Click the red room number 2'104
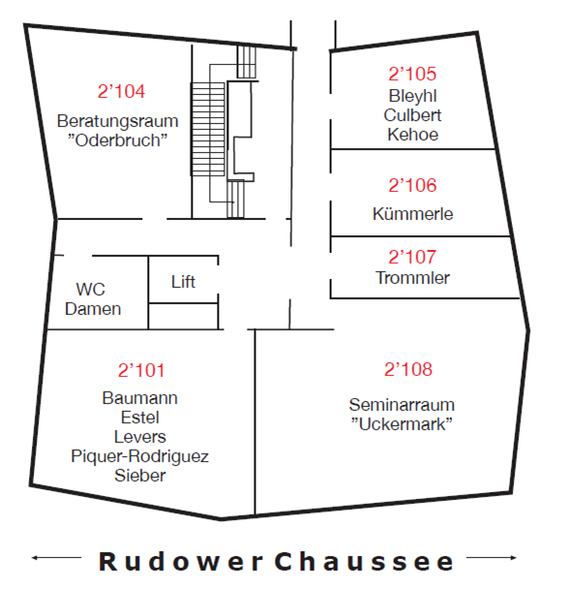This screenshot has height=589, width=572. click(x=121, y=91)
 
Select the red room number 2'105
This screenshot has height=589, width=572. click(x=412, y=74)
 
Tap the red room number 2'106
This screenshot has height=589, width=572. click(x=412, y=185)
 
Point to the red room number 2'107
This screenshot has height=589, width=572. click(x=412, y=257)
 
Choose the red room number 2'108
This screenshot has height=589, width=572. click(x=408, y=369)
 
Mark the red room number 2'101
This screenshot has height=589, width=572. click(x=141, y=370)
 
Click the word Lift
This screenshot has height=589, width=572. click(x=183, y=282)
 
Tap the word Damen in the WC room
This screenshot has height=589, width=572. click(x=93, y=309)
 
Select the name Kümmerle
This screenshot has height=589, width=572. click(x=412, y=214)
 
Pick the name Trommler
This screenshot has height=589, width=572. click(x=412, y=278)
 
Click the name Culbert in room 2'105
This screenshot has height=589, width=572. click(x=412, y=115)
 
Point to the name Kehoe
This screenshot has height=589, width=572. click(x=412, y=135)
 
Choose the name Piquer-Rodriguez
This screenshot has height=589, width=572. click(x=139, y=456)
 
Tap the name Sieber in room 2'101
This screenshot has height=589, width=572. click(x=140, y=476)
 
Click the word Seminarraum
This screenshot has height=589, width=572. click(x=402, y=405)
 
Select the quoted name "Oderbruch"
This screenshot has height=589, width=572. click(x=117, y=140)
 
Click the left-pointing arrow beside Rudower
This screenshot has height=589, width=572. click(x=56, y=558)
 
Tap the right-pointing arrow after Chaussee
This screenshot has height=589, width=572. click(x=491, y=558)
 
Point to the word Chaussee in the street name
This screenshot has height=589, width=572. click(x=364, y=562)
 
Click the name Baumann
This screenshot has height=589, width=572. click(x=139, y=398)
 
